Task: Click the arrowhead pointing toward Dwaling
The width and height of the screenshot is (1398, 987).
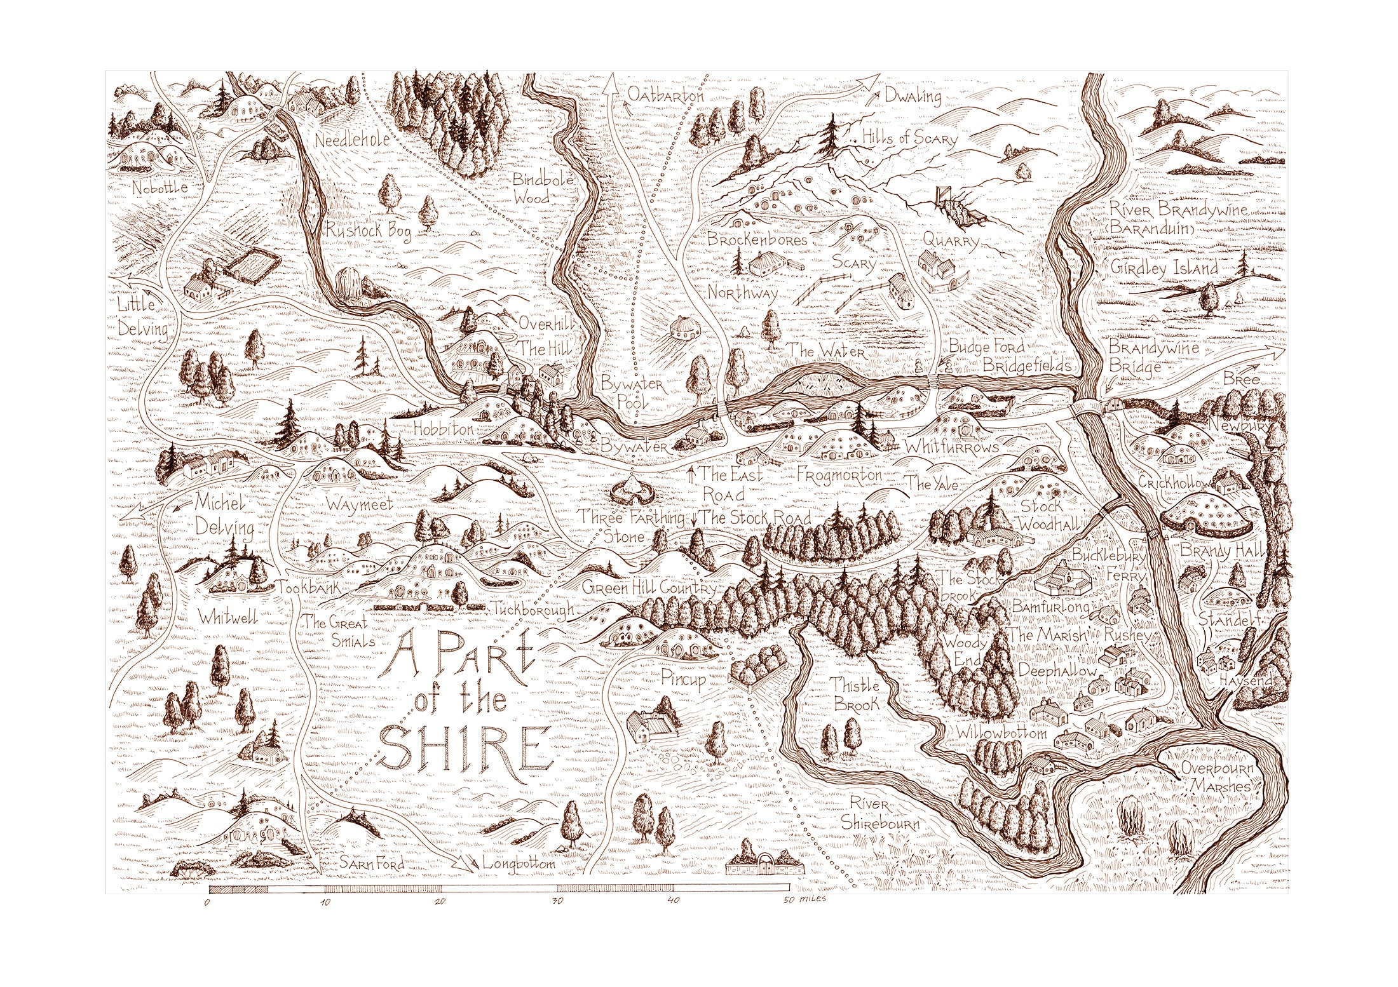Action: (x=872, y=81)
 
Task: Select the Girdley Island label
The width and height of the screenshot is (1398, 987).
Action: (x=1164, y=267)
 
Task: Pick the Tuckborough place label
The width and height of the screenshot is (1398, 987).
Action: (x=533, y=608)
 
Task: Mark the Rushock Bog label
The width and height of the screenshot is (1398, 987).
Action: (x=367, y=231)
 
